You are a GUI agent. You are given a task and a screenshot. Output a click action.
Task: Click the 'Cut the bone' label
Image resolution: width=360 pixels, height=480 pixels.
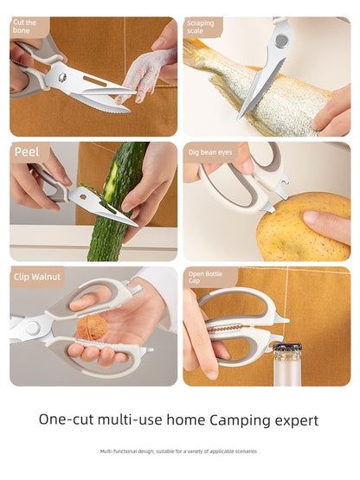[x=25, y=27]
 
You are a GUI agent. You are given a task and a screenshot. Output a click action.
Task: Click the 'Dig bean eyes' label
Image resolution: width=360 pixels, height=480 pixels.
[x=209, y=152]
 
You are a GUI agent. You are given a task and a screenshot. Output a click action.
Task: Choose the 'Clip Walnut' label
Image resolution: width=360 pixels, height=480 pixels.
[x=37, y=277]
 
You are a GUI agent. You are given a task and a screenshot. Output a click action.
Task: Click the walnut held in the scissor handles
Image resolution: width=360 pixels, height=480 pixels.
[x=92, y=327]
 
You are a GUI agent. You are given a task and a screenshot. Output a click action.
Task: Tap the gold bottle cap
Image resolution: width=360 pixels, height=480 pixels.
[x=286, y=349]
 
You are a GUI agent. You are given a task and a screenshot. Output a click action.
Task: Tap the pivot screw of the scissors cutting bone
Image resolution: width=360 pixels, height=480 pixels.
[x=61, y=78]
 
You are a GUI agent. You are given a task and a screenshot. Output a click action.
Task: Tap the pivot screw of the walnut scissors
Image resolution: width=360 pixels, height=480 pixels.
[x=33, y=328]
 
